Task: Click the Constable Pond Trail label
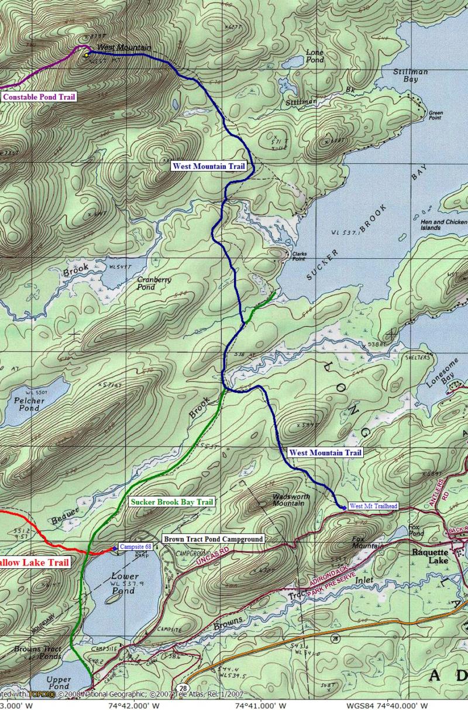coord(39,97)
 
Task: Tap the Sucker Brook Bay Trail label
coord(172,502)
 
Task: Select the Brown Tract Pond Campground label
coord(213,538)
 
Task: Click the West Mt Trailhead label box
coord(373,506)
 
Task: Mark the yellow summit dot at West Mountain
coord(86,55)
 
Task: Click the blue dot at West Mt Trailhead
coord(343,507)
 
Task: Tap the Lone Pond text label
coord(315,56)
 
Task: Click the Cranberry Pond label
coord(154,283)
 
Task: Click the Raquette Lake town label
coord(429,556)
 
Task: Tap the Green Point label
coord(436,115)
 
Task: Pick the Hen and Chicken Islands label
coord(443,225)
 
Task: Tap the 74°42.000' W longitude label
coord(133,705)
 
